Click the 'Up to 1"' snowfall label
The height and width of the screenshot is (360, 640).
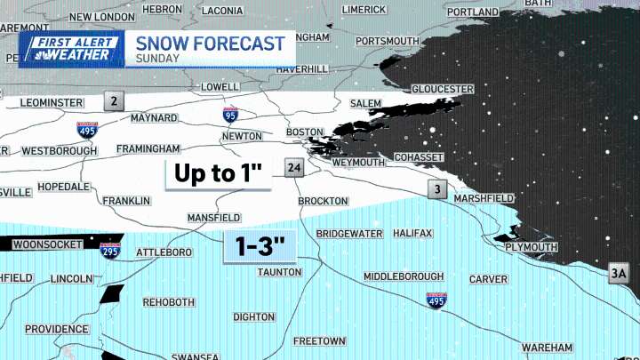[219, 173]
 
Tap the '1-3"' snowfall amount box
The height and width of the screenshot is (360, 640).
[259, 244]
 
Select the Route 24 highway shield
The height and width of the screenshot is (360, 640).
[294, 168]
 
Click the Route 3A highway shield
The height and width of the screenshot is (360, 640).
[619, 275]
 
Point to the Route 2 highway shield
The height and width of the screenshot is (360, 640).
[112, 100]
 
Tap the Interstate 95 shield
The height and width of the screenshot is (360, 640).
[230, 114]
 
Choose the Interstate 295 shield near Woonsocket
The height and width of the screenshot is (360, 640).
[110, 251]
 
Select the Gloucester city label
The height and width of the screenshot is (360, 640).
[443, 90]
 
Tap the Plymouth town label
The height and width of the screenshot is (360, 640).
[531, 247]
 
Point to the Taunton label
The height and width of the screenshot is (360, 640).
[279, 272]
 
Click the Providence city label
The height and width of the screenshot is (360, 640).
[56, 329]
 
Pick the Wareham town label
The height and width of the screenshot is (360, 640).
[547, 347]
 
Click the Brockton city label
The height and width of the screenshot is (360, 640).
[323, 202]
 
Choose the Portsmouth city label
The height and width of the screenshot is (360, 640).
[387, 41]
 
